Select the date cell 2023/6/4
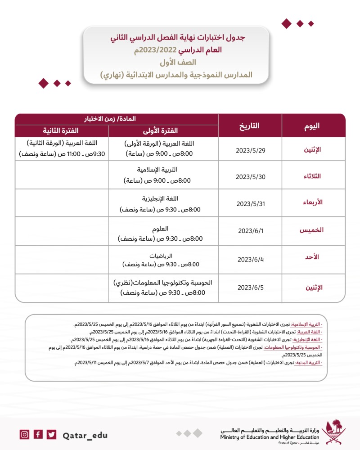pos(250,259)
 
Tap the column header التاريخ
pos(250,126)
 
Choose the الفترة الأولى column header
pos(163,131)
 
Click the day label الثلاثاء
pos(313,176)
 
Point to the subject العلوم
pos(163,229)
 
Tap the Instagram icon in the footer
pos(24,434)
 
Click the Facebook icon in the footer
pos(38,434)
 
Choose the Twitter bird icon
pos(52,434)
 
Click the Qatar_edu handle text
pos(85,435)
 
